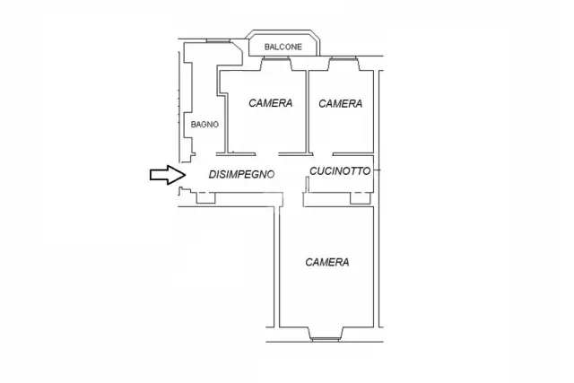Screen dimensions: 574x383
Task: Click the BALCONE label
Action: pyautogui.click(x=283, y=47)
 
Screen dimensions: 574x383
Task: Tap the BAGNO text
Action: pyautogui.click(x=204, y=125)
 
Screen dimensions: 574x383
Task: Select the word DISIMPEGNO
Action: pyautogui.click(x=241, y=174)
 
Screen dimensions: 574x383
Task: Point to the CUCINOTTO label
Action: pyautogui.click(x=340, y=171)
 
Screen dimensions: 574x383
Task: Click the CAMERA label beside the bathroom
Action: pyautogui.click(x=271, y=103)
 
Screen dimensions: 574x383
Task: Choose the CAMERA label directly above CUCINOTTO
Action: pyautogui.click(x=341, y=104)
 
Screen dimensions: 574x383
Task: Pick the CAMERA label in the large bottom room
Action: pyautogui.click(x=326, y=262)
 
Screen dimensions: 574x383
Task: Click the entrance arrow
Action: pyautogui.click(x=168, y=175)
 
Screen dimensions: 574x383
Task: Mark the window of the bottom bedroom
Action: pyautogui.click(x=326, y=339)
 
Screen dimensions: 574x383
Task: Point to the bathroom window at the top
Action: pyautogui.click(x=218, y=40)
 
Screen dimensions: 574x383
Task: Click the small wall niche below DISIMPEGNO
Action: pyautogui.click(x=205, y=197)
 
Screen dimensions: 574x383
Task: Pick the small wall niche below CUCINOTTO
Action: pyautogui.click(x=361, y=197)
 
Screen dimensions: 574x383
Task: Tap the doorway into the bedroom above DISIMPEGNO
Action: pyautogui.click(x=267, y=154)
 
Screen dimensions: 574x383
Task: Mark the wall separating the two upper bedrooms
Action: pyautogui.click(x=308, y=112)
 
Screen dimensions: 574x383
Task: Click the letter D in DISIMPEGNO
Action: pyautogui.click(x=212, y=174)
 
